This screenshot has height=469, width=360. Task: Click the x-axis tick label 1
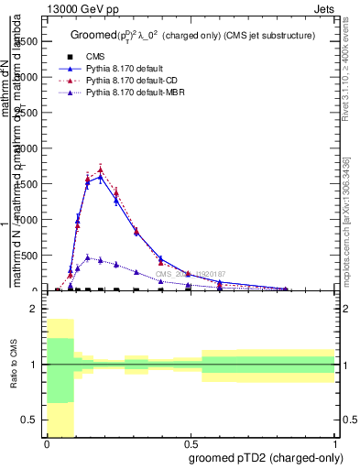[x=335, y=445]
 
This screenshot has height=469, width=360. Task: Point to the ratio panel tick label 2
[x=35, y=310]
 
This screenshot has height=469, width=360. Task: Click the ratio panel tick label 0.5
[x=32, y=420]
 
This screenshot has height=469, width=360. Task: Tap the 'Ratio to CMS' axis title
[x=14, y=365]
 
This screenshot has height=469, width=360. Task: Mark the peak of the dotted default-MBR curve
[x=88, y=258]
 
